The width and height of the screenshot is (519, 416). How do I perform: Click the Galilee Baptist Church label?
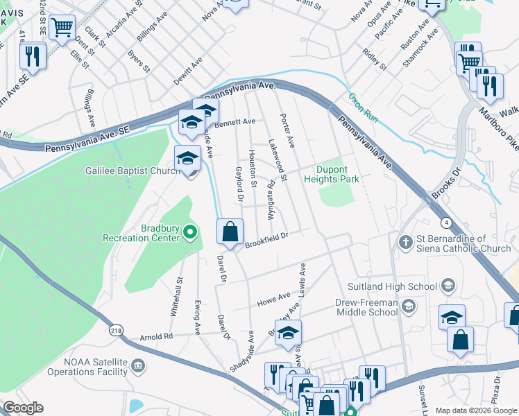tap(133, 170)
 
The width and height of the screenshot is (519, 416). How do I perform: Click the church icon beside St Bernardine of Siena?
tap(407, 242)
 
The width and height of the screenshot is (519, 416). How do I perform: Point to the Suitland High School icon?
tap(448, 286)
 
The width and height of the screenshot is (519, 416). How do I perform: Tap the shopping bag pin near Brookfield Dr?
tap(230, 232)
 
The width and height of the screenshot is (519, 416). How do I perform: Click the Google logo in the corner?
tap(24, 408)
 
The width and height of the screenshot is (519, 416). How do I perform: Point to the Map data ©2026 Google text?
tap(475, 410)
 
